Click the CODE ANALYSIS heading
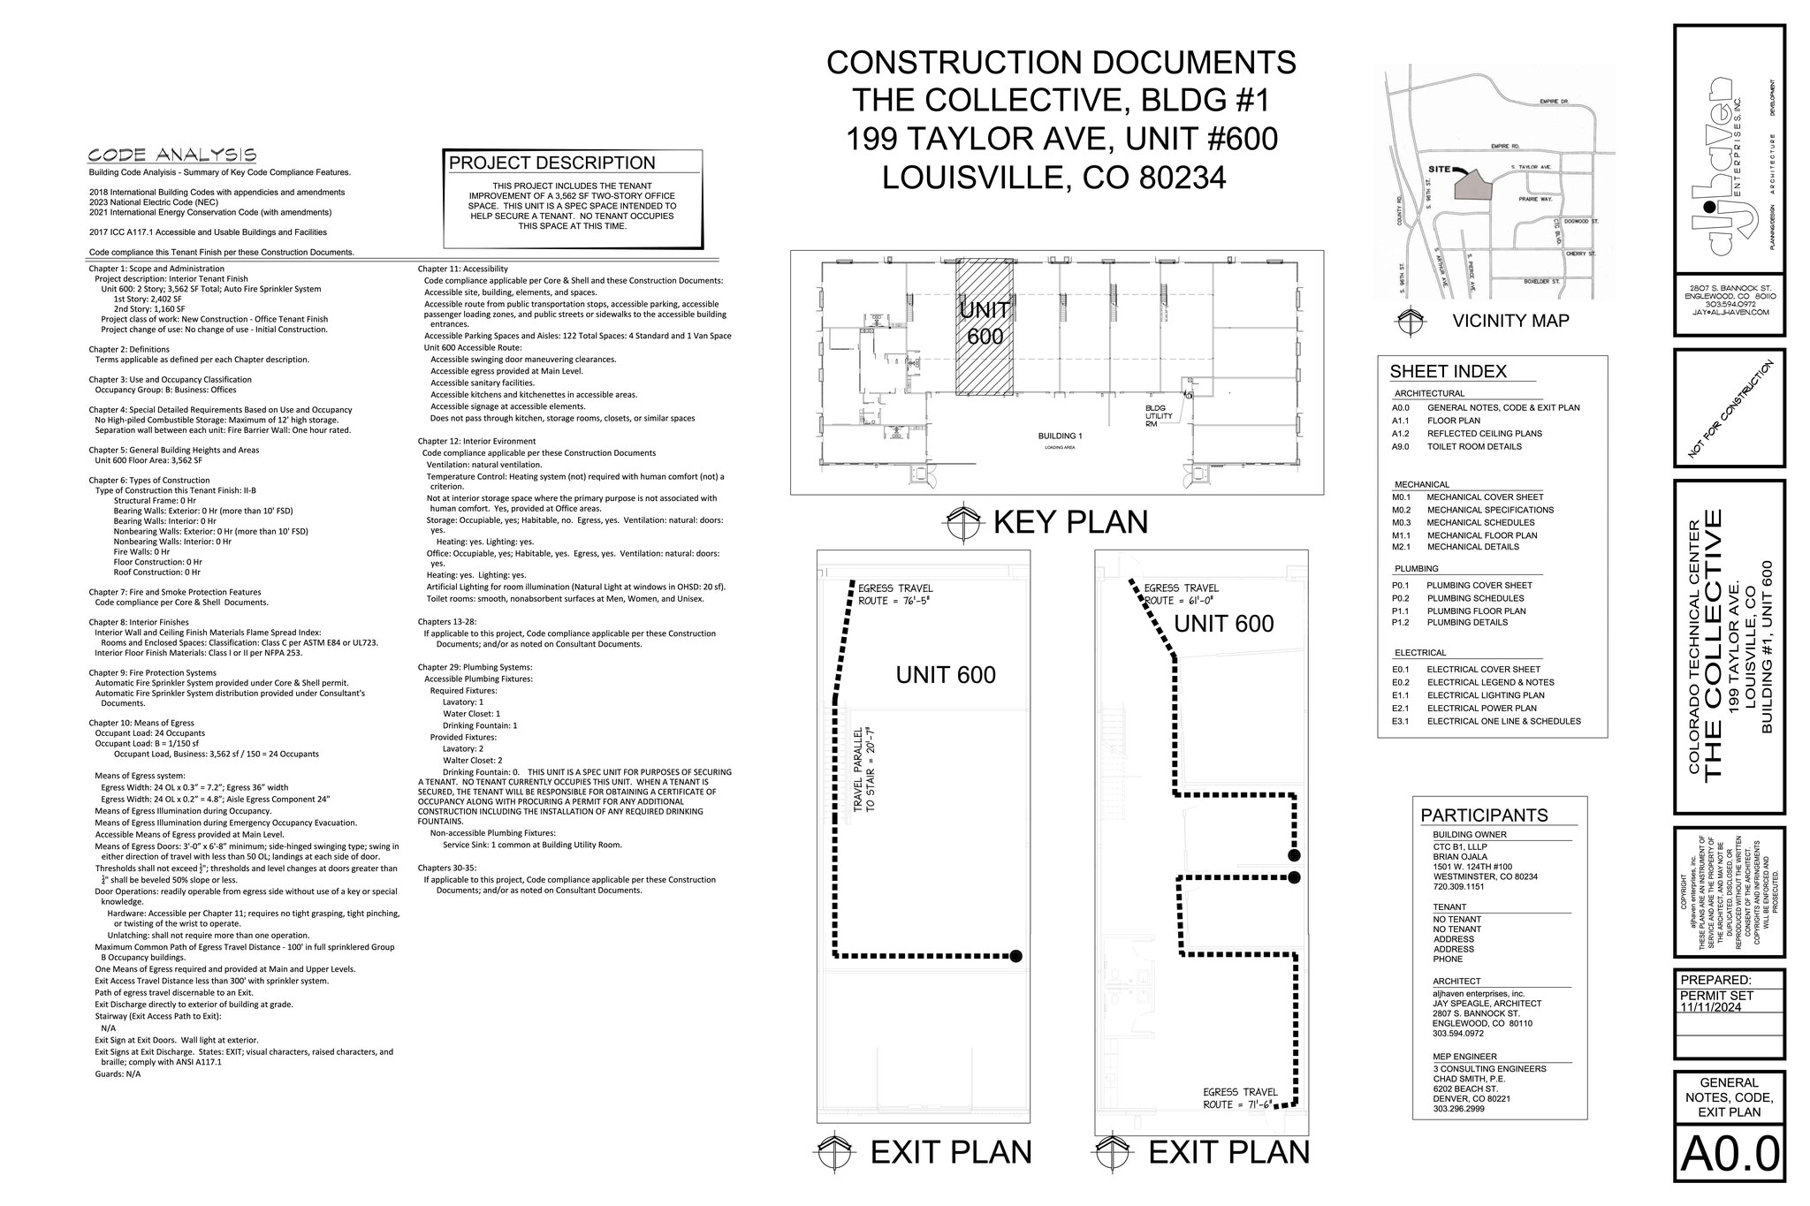tap(172, 155)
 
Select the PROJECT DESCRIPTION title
tap(551, 163)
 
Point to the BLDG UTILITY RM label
tap(1159, 416)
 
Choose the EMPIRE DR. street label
tap(1552, 102)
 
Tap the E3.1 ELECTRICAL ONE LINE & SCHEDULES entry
tap(1486, 721)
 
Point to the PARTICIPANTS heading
tap(1484, 815)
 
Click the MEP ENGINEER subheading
tap(1464, 1057)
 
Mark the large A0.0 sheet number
tap(1729, 1154)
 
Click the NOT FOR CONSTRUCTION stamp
tap(1730, 409)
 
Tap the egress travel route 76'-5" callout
tap(895, 595)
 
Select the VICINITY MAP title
tap(1510, 321)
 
